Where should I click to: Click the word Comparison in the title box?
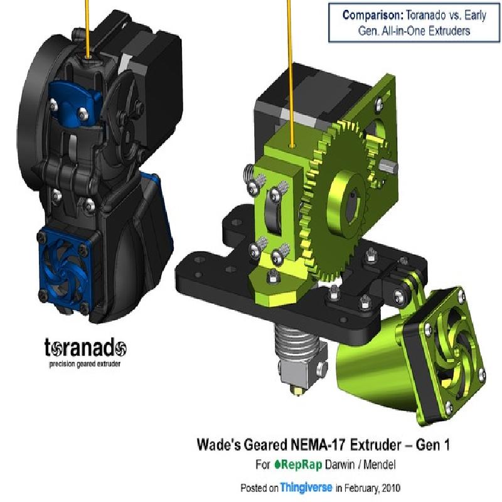click(x=373, y=15)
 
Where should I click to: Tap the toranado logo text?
click(x=85, y=348)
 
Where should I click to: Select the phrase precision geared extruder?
click(x=85, y=364)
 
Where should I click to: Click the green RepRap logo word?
click(x=299, y=464)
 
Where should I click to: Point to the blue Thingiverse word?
click(x=306, y=488)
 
